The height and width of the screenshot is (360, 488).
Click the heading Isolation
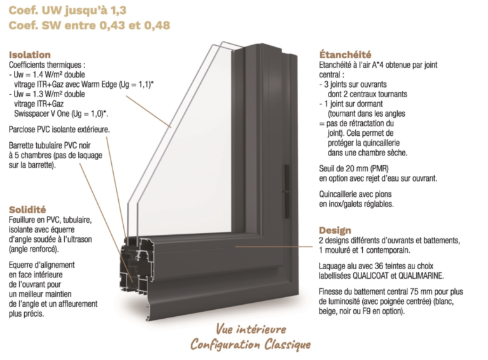point(30,55)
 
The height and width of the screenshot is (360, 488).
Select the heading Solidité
point(27,210)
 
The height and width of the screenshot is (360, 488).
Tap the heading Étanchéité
point(345,55)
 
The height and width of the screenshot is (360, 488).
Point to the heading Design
point(335,230)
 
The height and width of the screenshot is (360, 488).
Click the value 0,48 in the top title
point(157,25)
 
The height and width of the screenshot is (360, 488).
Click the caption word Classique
point(288,345)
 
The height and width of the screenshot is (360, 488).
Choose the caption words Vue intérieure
point(251,330)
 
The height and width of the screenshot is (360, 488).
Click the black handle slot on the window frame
point(287,191)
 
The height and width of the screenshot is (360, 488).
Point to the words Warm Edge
point(99,84)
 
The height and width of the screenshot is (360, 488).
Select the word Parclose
point(22,130)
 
